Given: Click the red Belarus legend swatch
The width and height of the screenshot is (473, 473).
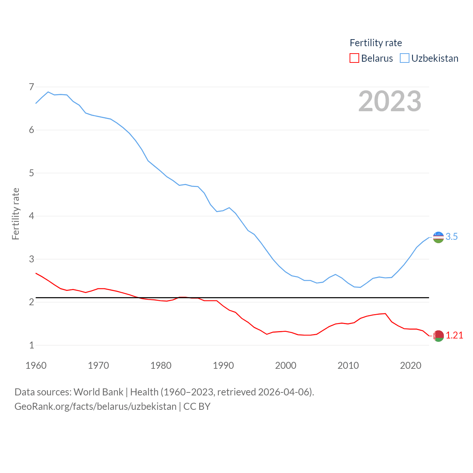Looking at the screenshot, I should (354, 58).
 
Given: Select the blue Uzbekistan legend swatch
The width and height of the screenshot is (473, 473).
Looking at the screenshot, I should (405, 58).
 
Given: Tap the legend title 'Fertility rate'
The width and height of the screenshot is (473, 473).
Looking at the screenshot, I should (375, 43).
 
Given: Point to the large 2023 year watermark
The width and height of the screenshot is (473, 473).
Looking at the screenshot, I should (389, 101).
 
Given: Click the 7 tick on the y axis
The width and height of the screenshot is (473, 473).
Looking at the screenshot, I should (31, 87).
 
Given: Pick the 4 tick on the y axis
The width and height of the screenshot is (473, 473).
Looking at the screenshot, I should (31, 216).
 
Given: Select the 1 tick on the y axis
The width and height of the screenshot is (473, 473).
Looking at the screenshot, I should (31, 345).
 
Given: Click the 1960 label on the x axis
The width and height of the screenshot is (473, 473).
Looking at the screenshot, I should (36, 365).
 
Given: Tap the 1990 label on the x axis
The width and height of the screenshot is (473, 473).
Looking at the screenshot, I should (223, 365).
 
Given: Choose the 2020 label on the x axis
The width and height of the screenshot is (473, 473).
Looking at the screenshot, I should (411, 365).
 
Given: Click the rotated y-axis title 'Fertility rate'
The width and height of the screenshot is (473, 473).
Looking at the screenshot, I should (16, 214).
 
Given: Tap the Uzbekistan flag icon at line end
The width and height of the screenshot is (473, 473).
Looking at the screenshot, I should (438, 237).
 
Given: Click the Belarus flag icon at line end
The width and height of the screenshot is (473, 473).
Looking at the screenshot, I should (438, 336).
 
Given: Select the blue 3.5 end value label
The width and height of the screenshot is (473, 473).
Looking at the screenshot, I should (452, 237).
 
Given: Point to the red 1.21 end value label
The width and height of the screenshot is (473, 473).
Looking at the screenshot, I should (454, 335).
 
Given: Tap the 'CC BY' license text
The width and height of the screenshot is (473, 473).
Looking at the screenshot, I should (197, 406).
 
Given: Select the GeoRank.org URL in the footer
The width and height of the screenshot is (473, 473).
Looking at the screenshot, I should (95, 406).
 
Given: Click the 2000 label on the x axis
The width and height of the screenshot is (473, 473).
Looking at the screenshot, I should (286, 365).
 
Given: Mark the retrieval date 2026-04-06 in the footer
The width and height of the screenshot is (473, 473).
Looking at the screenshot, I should (285, 392).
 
